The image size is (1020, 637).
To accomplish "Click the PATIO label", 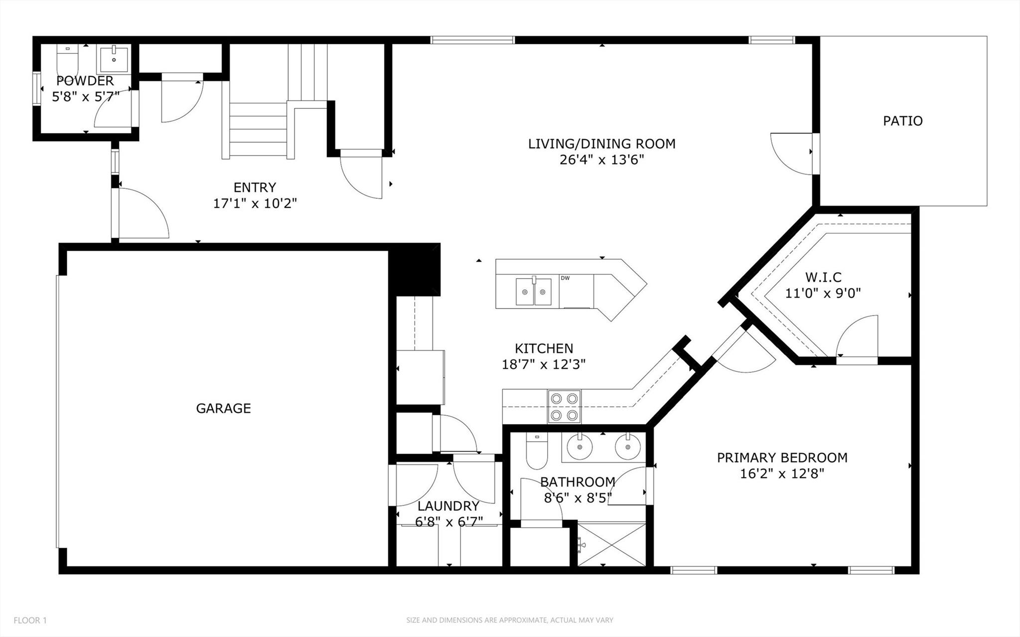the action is (902, 121).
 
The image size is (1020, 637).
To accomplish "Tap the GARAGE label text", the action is (223, 408).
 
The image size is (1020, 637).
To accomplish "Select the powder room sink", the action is (114, 59).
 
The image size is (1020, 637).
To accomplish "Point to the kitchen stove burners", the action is (565, 406).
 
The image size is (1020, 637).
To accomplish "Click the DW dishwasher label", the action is (565, 278).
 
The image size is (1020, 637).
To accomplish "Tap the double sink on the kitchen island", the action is (534, 292).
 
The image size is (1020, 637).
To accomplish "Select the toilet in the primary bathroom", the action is (537, 451).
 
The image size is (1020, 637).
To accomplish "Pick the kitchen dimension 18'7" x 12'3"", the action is (544, 364).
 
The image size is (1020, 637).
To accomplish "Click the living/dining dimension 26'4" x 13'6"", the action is (602, 160).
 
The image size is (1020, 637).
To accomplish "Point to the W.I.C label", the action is (823, 277).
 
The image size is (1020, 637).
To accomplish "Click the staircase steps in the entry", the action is (258, 131).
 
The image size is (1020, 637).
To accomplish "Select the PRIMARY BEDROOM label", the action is (782, 458).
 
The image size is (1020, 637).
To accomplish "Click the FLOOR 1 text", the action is (30, 621).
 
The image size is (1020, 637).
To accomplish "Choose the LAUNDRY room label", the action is (448, 506).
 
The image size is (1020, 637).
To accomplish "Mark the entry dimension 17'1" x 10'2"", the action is (255, 203).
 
